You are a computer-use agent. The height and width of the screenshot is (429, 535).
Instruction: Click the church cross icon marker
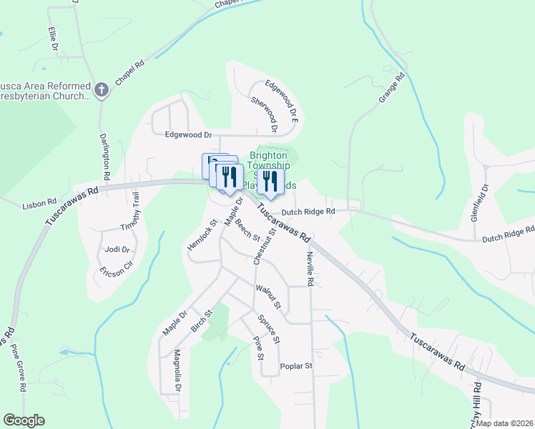pos(102,89)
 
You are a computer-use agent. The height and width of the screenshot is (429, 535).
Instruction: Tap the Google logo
pos(23,420)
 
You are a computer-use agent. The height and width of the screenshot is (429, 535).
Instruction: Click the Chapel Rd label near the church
pos(129,74)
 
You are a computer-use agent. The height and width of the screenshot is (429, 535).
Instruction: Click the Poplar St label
pos(297,366)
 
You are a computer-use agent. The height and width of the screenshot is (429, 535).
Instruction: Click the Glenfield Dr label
pos(485,202)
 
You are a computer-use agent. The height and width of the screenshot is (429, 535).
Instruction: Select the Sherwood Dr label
pos(264,114)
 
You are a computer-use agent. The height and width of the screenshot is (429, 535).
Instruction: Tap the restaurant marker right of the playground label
pos(270,182)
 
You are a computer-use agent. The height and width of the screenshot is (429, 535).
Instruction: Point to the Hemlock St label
pos(201,238)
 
